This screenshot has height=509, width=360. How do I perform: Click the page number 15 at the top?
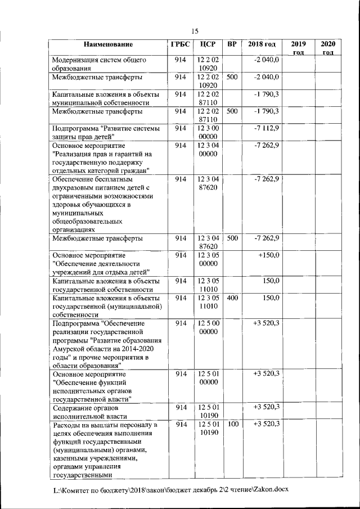click(195, 31)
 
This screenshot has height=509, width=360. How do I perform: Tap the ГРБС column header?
click(180, 44)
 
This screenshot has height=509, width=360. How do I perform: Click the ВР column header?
click(232, 44)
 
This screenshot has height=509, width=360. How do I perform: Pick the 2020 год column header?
click(327, 48)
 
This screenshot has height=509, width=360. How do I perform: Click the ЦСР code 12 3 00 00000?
click(208, 133)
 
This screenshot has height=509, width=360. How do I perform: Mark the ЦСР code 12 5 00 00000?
click(208, 328)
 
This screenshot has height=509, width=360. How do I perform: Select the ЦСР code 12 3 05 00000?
click(208, 259)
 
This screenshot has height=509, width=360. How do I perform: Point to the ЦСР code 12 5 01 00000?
click(208, 378)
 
